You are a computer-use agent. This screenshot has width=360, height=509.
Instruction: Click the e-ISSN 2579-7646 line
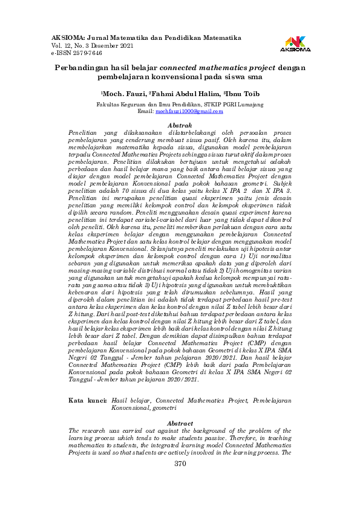coord(77,53)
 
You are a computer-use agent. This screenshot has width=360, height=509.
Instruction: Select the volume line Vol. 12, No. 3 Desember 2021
coord(93,45)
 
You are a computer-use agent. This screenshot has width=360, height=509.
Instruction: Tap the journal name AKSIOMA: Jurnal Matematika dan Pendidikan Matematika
coord(146,37)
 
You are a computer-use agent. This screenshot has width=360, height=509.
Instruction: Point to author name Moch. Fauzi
coord(124,94)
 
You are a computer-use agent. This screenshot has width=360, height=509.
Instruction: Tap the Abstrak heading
coord(179,124)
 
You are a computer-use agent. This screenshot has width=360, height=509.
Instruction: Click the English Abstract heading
coord(179,423)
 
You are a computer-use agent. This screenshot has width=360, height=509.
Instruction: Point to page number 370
coord(180,463)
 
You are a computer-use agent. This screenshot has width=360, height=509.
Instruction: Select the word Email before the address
coord(146,111)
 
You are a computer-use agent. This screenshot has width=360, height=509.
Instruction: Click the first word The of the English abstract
coord(76,430)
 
